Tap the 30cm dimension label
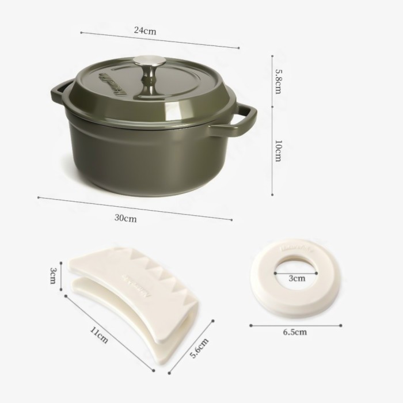(x=125, y=218)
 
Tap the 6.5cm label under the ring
(x=295, y=332)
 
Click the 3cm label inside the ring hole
(x=296, y=278)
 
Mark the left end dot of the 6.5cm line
(x=251, y=325)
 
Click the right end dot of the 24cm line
(x=238, y=48)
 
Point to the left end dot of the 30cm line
(x=38, y=197)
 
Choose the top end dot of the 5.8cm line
(x=272, y=56)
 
